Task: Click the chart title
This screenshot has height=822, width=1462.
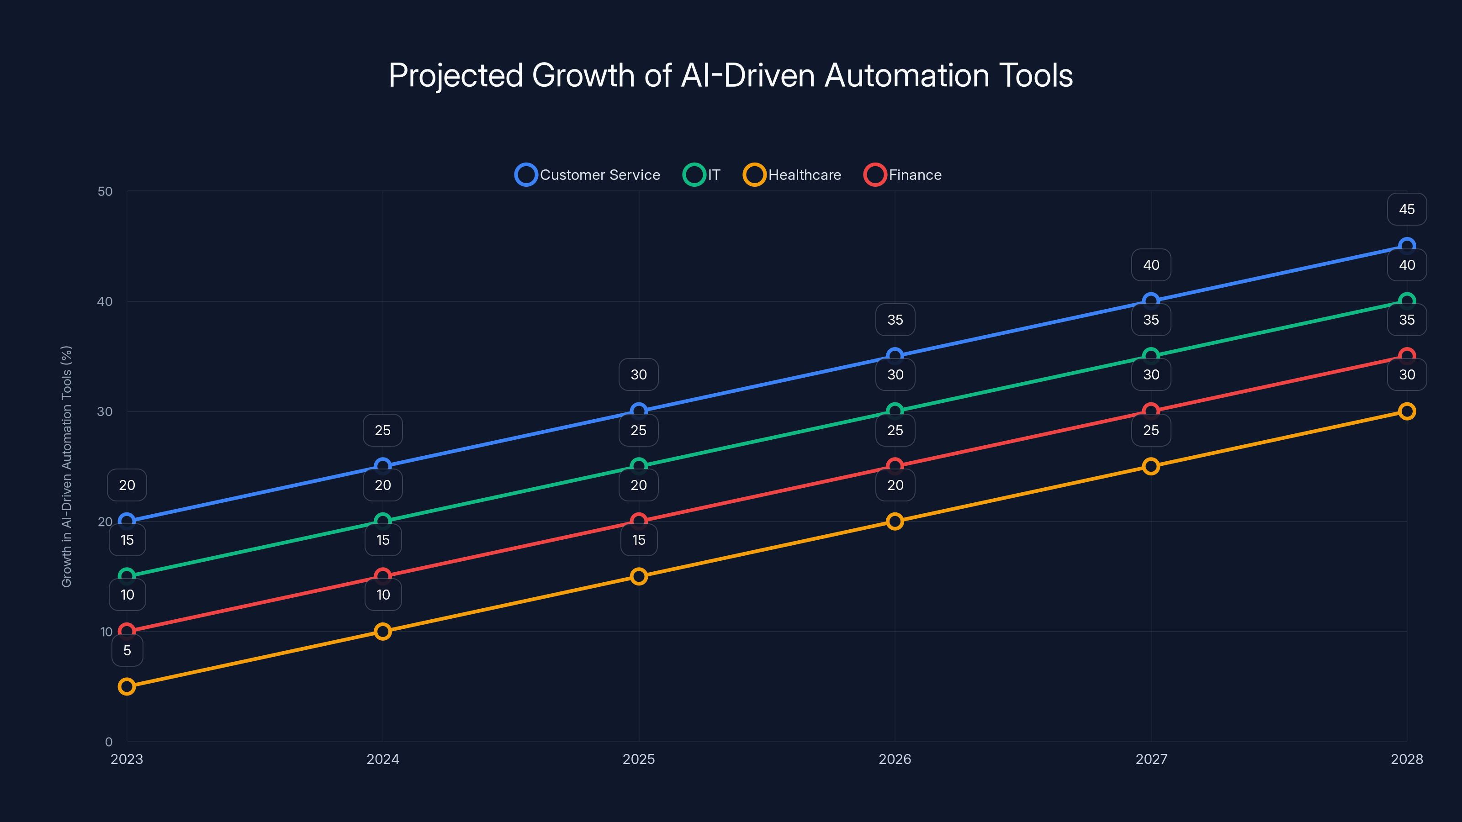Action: [731, 75]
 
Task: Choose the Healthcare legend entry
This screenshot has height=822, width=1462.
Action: [792, 175]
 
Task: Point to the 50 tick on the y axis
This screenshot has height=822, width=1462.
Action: [105, 191]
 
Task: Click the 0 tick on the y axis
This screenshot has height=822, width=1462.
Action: [108, 742]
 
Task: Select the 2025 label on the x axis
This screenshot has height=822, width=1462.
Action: [639, 759]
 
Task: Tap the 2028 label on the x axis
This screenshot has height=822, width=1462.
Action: [1406, 759]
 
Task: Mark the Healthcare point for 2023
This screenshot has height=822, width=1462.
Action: [127, 686]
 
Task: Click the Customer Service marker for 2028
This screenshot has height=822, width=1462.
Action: [1406, 246]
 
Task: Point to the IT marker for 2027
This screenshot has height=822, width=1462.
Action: [1150, 356]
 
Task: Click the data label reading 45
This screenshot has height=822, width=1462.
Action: [1406, 209]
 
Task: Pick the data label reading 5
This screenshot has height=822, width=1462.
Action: [127, 650]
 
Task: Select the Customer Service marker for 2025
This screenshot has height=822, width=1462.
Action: [639, 411]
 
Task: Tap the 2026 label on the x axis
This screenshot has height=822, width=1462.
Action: [895, 759]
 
